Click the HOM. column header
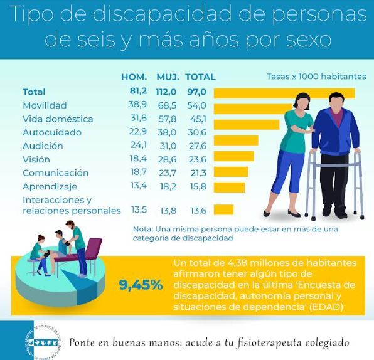tap(134, 77)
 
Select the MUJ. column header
tap(168, 77)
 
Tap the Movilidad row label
tap(45, 105)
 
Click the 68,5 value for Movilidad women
tap(168, 105)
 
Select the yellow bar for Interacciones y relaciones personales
tap(223, 209)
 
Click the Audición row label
tap(43, 146)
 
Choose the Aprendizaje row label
tap(50, 186)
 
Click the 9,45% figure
tap(141, 285)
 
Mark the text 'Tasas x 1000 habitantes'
tap(316, 77)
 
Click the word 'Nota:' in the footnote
tap(143, 229)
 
